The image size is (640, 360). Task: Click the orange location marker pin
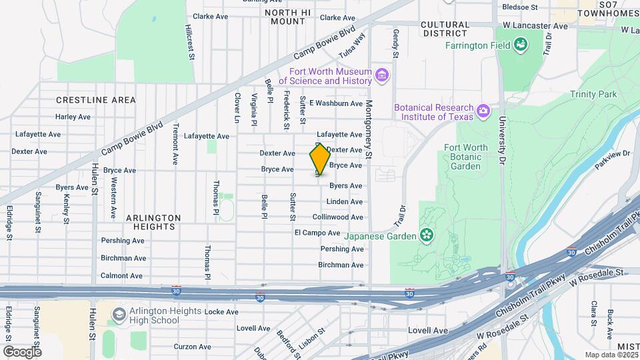319,159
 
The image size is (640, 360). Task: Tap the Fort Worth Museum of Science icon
382,76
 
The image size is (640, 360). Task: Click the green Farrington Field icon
521,45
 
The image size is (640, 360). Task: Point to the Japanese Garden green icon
426,235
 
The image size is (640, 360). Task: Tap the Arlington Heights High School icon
119,314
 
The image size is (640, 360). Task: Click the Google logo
22,351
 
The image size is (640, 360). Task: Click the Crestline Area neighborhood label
96,100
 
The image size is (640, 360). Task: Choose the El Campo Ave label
317,233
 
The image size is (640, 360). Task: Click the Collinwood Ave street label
338,217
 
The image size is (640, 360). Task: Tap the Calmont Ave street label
121,275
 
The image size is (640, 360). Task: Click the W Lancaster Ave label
535,25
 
